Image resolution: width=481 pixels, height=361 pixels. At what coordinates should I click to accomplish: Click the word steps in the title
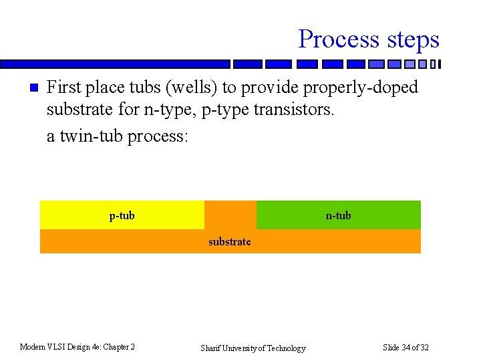(409, 39)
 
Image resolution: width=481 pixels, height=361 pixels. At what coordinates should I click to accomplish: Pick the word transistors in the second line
(293, 112)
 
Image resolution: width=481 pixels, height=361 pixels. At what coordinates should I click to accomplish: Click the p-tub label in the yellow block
(122, 215)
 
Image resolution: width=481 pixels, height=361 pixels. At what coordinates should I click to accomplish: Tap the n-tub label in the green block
(338, 215)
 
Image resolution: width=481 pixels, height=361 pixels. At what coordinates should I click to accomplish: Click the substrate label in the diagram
(230, 241)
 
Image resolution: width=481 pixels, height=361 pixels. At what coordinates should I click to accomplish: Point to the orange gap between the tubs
(230, 215)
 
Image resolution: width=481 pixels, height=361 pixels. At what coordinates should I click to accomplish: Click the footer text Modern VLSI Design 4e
(77, 347)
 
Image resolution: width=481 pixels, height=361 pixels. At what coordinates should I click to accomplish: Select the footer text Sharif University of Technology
(253, 348)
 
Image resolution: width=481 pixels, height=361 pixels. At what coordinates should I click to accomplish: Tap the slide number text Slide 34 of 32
(406, 347)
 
